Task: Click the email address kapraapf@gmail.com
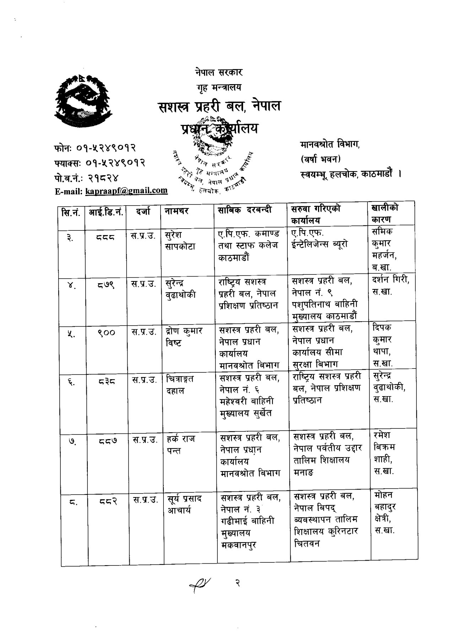(x=126, y=191)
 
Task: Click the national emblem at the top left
(x=84, y=101)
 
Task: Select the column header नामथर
(x=177, y=211)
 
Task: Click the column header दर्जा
(x=143, y=212)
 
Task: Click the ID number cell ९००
(x=106, y=333)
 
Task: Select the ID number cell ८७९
(x=106, y=284)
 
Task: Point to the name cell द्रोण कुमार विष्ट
(x=184, y=337)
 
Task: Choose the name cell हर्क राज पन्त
(x=181, y=444)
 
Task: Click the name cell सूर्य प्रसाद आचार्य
(x=184, y=504)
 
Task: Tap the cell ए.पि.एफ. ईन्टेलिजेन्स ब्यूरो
(x=319, y=239)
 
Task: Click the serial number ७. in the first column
(x=72, y=441)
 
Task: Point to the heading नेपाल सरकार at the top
(x=219, y=72)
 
